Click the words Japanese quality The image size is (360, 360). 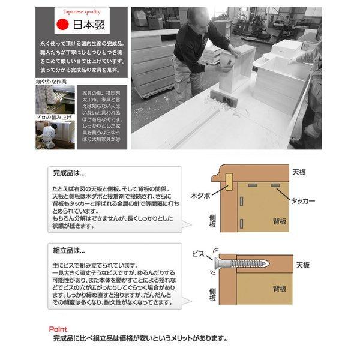coord(77,11)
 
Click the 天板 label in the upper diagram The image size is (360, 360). coord(299,172)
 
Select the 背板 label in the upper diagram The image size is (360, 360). coord(279,221)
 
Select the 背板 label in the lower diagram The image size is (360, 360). coord(279,289)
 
